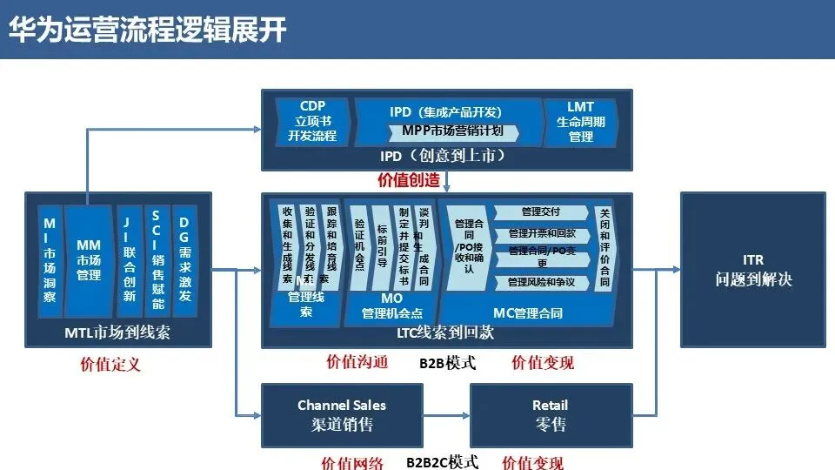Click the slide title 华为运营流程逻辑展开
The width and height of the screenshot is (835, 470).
pos(147,29)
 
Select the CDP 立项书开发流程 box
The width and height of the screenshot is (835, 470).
pos(312,122)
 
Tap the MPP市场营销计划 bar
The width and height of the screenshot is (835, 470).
pos(452,131)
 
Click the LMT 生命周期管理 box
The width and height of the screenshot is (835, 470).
pos(581,122)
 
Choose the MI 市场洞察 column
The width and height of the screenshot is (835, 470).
pos(50,261)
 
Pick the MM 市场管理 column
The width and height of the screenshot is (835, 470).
pos(89,261)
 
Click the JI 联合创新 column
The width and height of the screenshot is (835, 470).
pos(129,261)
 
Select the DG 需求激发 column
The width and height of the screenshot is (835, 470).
pos(184,261)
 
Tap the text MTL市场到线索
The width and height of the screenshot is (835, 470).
pos(117,332)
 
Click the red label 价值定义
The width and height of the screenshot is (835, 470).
pos(110,364)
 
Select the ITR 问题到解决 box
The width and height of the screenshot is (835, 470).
pos(753,271)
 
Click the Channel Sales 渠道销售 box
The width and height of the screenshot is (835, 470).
pos(341,415)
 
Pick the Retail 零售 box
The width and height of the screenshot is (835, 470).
pos(550,415)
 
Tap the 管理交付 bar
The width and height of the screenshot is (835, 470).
pos(541,212)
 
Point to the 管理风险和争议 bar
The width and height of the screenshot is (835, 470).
pos(541,282)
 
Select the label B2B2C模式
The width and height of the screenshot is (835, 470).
pos(443,462)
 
